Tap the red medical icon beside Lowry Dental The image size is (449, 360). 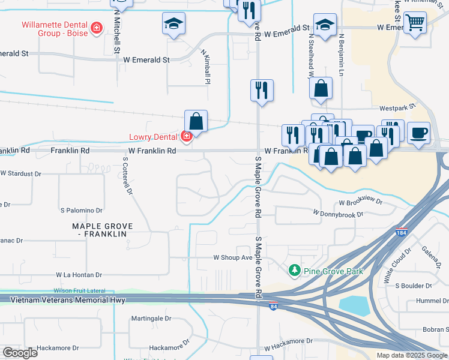click(x=187, y=137)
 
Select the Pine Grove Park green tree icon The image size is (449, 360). click(x=294, y=271)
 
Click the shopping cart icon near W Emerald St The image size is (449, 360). click(x=415, y=23)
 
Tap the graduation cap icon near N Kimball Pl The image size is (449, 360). click(x=173, y=23)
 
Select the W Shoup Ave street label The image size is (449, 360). click(x=233, y=257)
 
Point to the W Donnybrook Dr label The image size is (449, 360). click(x=339, y=213)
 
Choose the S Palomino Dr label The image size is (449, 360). click(x=82, y=211)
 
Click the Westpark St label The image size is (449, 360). click(x=397, y=109)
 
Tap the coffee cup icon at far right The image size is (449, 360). click(x=418, y=131)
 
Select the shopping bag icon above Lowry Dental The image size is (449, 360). click(x=196, y=121)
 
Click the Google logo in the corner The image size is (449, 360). click(x=20, y=353)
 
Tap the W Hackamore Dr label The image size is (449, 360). click(x=288, y=341)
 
